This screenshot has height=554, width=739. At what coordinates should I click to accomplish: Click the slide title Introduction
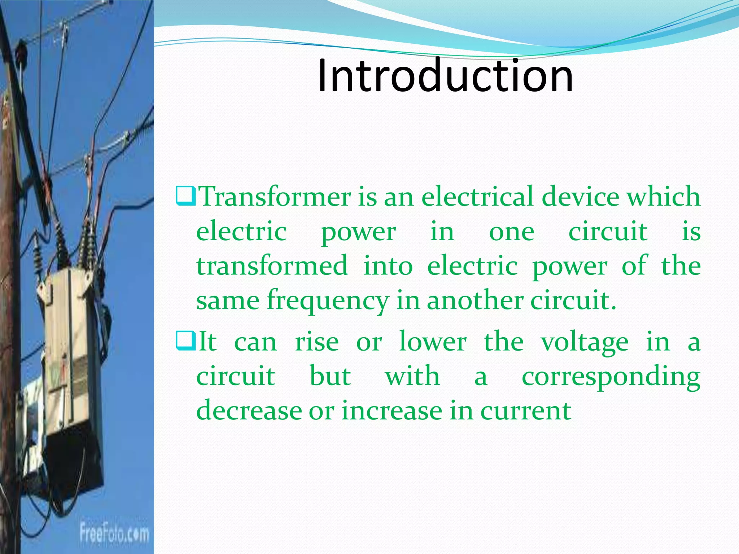click(445, 76)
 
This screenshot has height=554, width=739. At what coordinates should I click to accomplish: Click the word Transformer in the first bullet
click(275, 197)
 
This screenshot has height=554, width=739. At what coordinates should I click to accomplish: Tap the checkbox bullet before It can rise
click(186, 341)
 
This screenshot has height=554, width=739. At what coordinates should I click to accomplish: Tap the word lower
click(433, 341)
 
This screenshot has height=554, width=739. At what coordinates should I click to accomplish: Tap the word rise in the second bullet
click(317, 341)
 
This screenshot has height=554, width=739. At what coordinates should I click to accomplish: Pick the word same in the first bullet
click(228, 300)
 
